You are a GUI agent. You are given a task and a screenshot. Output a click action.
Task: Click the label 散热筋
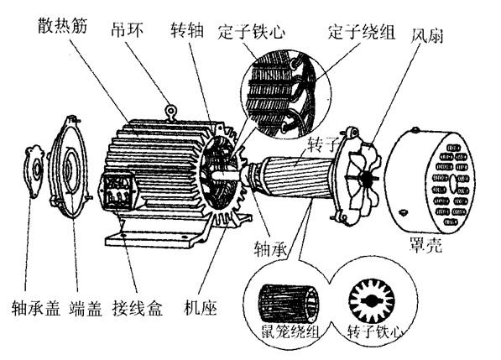[63, 26]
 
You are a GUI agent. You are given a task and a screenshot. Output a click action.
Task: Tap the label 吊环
[128, 29]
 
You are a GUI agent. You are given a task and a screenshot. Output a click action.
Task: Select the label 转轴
[187, 29]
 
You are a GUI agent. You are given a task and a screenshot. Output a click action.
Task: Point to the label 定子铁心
[251, 32]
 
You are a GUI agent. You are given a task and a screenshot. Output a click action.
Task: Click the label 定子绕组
[362, 32]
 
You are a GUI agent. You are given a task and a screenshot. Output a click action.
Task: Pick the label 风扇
[427, 35]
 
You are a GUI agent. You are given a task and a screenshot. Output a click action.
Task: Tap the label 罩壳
[426, 245]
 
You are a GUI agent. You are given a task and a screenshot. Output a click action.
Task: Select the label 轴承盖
[36, 308]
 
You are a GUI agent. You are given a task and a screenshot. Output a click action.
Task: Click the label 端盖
[86, 308]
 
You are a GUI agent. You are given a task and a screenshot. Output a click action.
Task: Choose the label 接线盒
[138, 308]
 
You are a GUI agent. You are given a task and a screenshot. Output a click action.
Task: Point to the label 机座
[201, 308]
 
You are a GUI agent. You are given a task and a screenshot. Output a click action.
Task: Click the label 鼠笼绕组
[290, 332]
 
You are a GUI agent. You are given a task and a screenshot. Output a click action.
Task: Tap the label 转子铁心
[374, 332]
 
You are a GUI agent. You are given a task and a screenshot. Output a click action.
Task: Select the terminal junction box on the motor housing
[118, 191]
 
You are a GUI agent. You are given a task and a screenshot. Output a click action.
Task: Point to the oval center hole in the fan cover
[453, 183]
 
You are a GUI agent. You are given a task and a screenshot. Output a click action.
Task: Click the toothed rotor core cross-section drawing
[372, 300]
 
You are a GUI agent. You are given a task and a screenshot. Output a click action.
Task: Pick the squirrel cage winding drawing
[289, 302]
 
